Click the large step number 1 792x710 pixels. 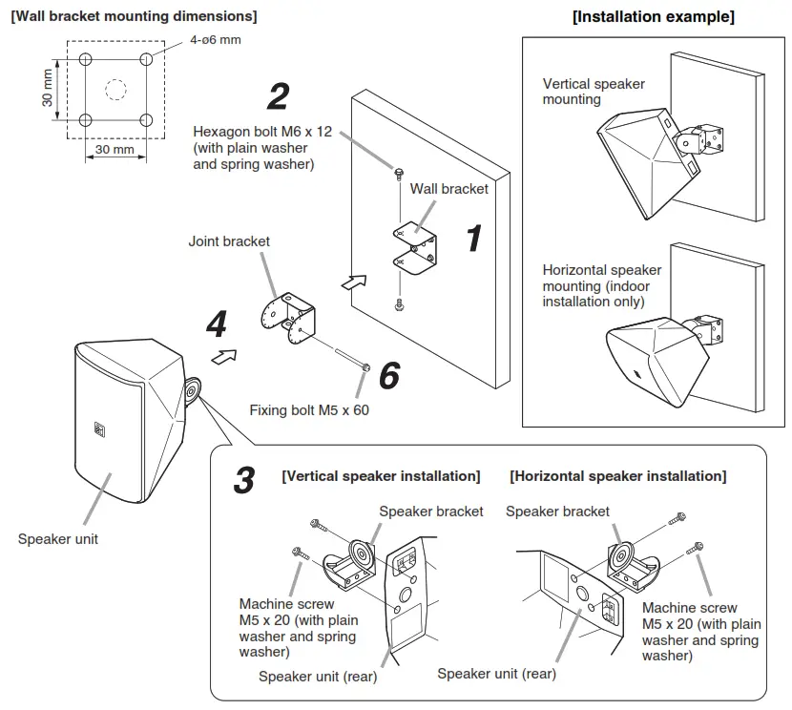click(x=473, y=239)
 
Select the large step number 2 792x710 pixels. click(x=278, y=96)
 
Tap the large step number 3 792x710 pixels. click(x=244, y=480)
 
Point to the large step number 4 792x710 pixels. click(x=218, y=325)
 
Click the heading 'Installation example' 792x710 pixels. click(x=653, y=17)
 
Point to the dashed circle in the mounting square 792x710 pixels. click(x=115, y=90)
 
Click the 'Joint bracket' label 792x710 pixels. click(x=229, y=241)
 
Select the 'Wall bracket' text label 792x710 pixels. click(x=448, y=189)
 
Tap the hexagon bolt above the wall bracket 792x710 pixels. click(x=399, y=173)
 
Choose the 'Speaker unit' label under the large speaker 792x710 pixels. click(x=58, y=539)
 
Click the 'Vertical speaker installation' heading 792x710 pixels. click(x=381, y=475)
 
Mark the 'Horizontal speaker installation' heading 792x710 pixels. click(x=617, y=475)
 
